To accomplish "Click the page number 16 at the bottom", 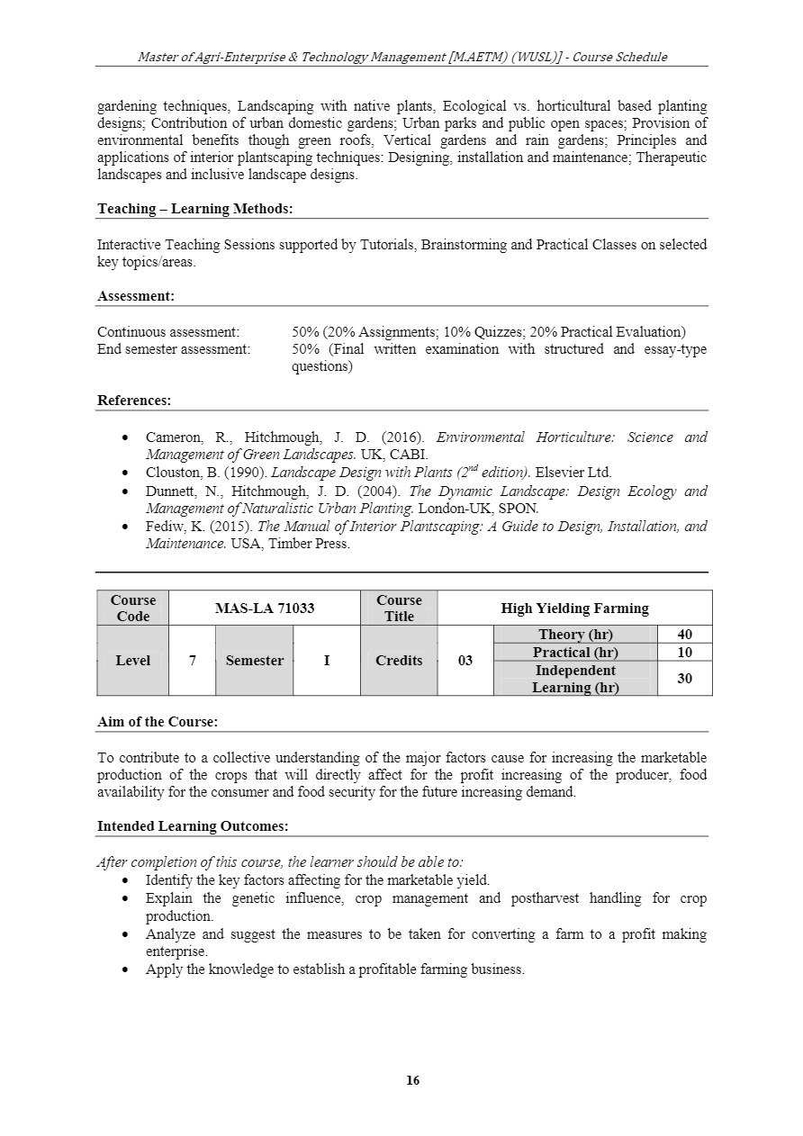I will [413, 1080].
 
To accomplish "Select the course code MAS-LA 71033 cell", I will [265, 608].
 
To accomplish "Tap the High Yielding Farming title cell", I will [574, 608].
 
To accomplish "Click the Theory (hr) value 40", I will [684, 635].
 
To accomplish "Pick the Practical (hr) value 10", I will [684, 653].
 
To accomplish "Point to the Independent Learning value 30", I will [684, 679].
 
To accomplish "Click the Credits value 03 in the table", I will [465, 661].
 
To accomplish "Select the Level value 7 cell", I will [192, 661].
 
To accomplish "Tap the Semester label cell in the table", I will [254, 661].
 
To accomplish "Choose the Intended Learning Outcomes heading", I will [193, 826].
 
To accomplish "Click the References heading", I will [133, 401].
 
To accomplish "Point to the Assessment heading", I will [136, 296].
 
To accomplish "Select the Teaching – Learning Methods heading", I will [194, 209].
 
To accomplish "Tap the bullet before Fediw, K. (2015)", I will [125, 527].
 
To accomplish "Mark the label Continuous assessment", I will [168, 332].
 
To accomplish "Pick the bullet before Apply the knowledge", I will [125, 969].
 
